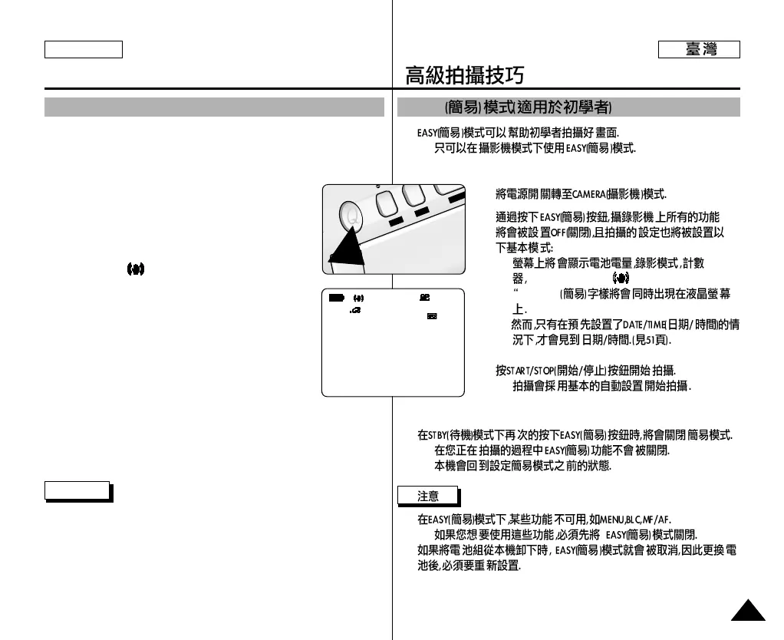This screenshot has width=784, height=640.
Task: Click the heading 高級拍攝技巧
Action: (x=465, y=75)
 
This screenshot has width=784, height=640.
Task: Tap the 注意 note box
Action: (x=428, y=496)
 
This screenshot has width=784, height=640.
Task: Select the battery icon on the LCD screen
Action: (x=337, y=297)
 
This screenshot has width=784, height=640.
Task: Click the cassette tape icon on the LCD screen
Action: (x=432, y=316)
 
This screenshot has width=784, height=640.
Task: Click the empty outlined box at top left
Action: (x=84, y=50)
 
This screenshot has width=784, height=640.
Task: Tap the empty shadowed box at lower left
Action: (x=77, y=490)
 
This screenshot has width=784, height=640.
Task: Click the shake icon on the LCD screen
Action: (x=358, y=297)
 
